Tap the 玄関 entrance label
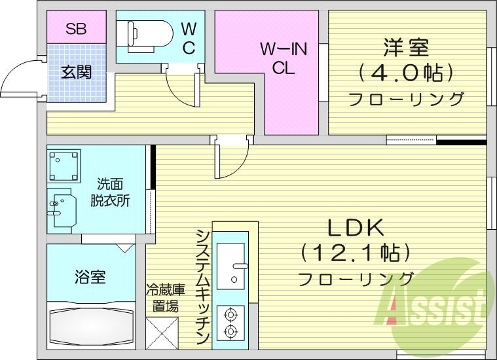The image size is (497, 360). click(x=76, y=71)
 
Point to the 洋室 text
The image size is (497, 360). click(x=405, y=47)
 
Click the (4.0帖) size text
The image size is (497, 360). click(x=406, y=72)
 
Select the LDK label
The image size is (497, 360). click(x=356, y=227)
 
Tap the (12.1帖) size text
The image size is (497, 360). click(x=356, y=252)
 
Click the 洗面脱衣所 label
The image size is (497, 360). click(x=110, y=192)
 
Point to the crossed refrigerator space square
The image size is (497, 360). click(x=162, y=333)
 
